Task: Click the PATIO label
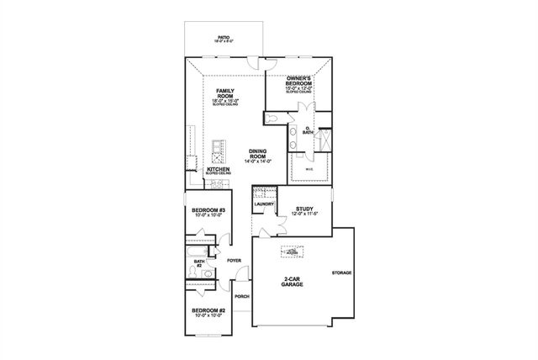224,37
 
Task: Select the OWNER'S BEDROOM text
293,81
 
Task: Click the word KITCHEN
219,168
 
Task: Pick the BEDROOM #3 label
208,210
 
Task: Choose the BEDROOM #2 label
208,310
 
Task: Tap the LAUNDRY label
264,204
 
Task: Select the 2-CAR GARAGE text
293,281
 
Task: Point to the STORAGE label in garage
341,273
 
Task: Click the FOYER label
234,261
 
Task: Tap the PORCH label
241,297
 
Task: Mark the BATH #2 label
199,263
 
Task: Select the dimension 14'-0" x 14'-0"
258,160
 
